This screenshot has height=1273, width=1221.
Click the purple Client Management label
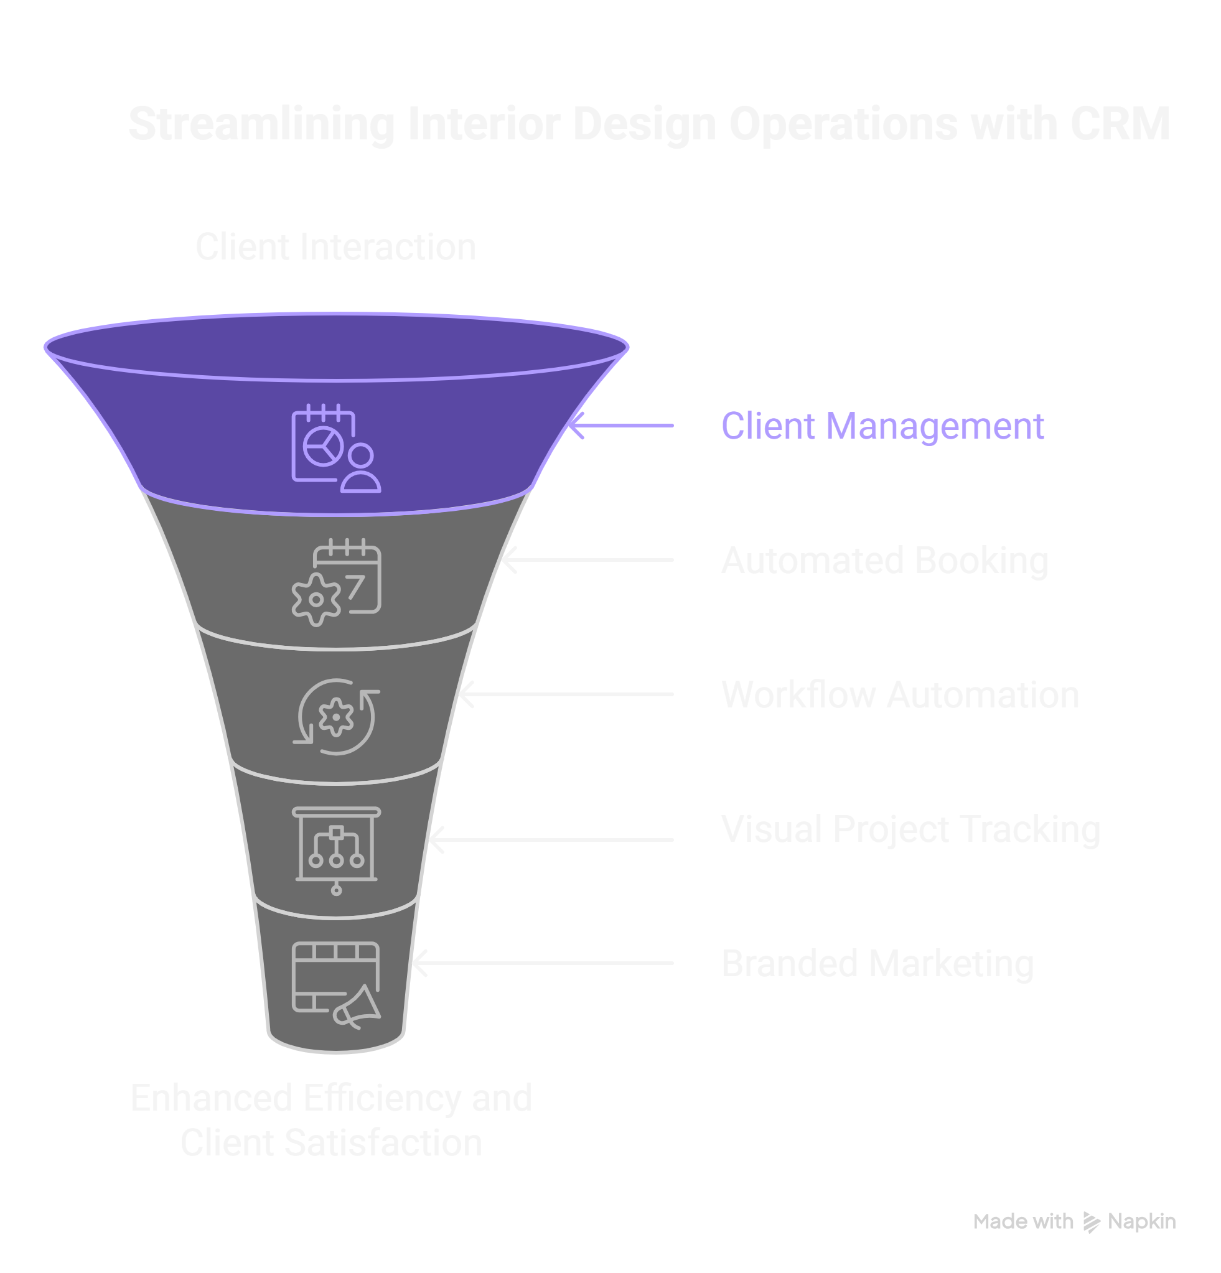click(x=882, y=427)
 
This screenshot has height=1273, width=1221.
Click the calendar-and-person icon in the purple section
click(x=335, y=449)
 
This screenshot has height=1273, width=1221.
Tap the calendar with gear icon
click(x=336, y=582)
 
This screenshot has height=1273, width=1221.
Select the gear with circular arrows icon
click(x=336, y=717)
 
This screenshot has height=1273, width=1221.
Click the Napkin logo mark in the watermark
click(x=1091, y=1223)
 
